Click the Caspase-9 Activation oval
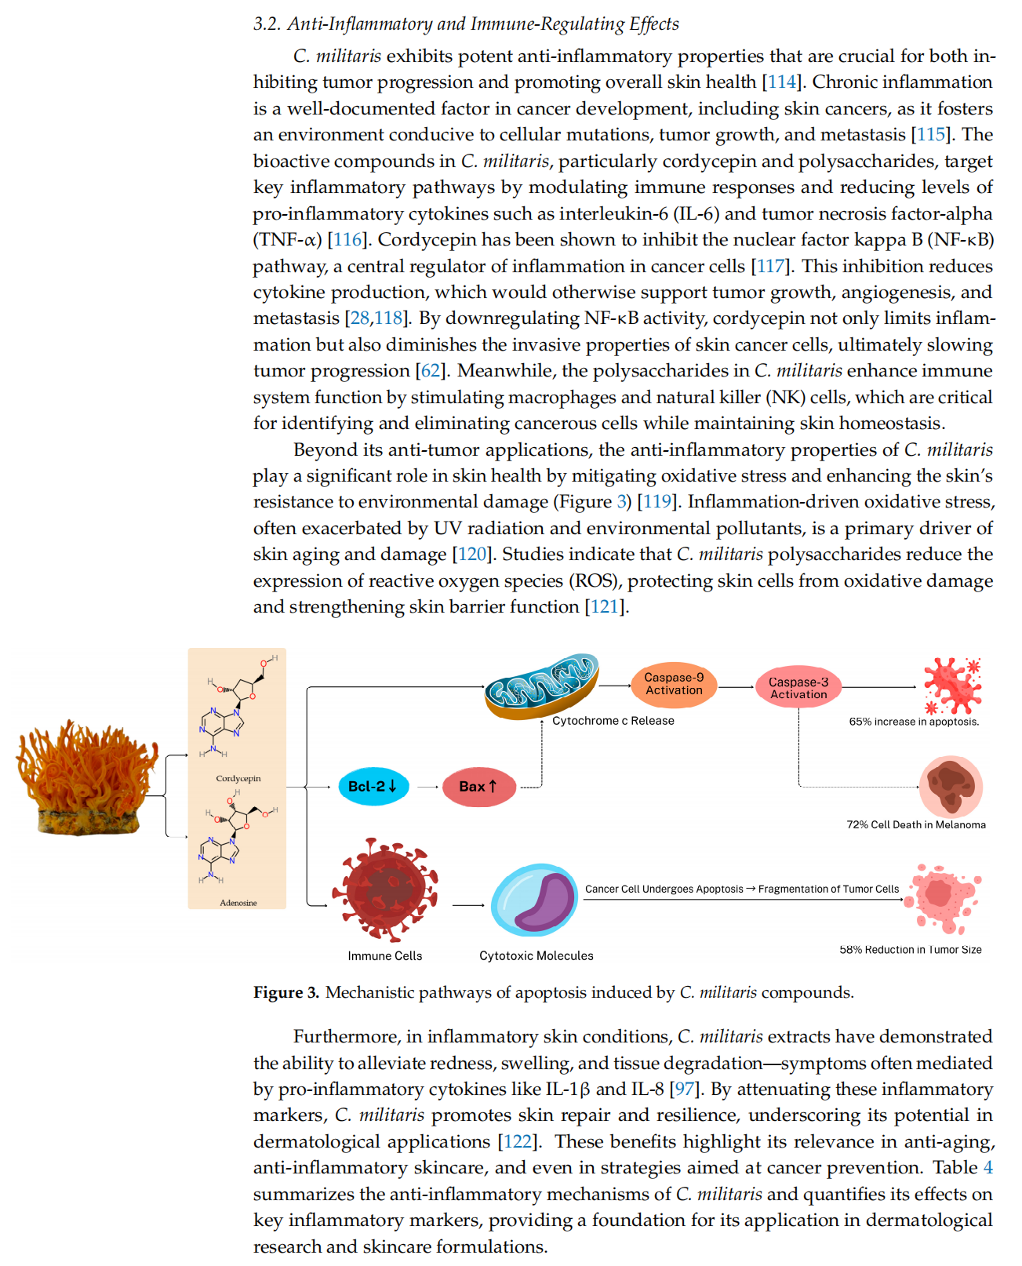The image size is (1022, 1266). click(673, 684)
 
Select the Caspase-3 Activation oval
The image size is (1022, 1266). click(798, 686)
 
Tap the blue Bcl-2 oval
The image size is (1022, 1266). click(373, 786)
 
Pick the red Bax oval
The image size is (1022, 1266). click(478, 786)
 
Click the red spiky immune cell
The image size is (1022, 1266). click(384, 889)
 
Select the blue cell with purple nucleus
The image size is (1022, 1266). click(533, 900)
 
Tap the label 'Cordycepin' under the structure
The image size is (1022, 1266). click(238, 778)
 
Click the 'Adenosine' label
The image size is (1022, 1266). click(238, 902)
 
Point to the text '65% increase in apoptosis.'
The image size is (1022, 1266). click(913, 721)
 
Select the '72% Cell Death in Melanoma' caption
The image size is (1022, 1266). click(915, 824)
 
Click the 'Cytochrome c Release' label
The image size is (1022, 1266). click(613, 720)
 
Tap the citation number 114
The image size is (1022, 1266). click(780, 82)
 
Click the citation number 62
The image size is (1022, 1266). click(430, 370)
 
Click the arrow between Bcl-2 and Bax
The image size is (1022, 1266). click(427, 786)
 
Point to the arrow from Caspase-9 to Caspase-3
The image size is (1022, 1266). click(736, 686)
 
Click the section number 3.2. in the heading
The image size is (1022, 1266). click(267, 24)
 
